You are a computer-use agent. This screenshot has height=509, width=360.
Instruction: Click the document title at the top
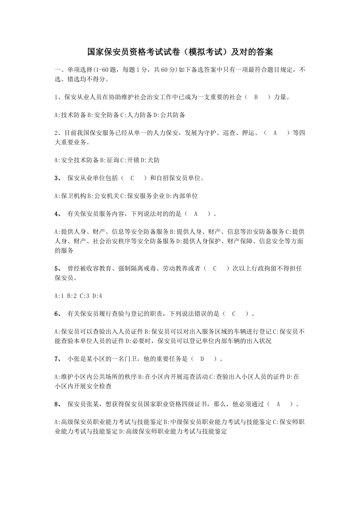click(x=180, y=52)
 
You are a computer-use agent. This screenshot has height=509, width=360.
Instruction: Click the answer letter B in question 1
click(x=256, y=97)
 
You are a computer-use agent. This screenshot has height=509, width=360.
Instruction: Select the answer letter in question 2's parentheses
click(x=275, y=133)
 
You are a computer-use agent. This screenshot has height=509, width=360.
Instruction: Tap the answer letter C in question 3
click(x=132, y=178)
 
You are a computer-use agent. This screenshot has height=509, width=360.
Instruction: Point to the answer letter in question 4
click(x=196, y=214)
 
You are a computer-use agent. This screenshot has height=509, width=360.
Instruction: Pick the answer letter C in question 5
click(x=214, y=269)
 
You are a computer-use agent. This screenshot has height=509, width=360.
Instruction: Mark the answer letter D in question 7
click(x=202, y=359)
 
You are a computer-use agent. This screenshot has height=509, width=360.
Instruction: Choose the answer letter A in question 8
click(x=278, y=404)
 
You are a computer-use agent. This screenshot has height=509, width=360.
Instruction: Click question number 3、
click(x=58, y=178)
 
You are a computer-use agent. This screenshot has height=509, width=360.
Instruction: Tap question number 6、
click(x=58, y=314)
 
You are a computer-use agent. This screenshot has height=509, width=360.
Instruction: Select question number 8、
click(x=58, y=404)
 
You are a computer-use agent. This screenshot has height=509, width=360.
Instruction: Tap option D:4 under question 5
click(x=97, y=296)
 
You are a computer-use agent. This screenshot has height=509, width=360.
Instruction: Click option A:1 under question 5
click(x=59, y=296)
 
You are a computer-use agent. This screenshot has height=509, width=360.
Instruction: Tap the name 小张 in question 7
click(x=74, y=359)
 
